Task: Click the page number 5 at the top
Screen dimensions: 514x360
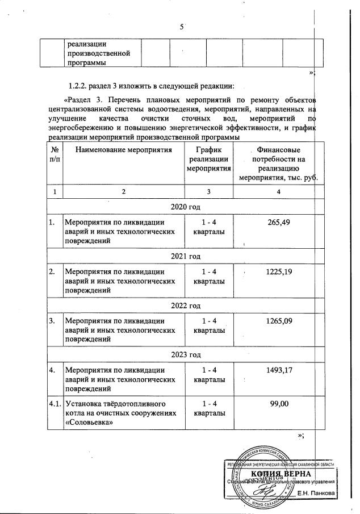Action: [181, 27]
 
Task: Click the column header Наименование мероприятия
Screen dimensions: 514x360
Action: [123, 150]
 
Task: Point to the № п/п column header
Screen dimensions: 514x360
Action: [55, 155]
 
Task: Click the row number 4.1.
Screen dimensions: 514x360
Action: [55, 404]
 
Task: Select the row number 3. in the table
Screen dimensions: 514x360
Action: [52, 321]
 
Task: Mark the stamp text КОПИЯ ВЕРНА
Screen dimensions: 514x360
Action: [279, 474]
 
